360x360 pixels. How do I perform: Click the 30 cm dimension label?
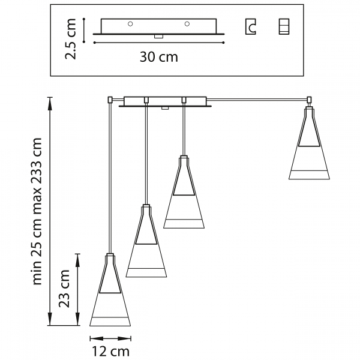158,57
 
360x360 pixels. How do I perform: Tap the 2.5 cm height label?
70,39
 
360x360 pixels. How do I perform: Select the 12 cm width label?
110,352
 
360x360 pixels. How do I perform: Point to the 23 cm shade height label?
64,289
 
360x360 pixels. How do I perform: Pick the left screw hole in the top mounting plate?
130,24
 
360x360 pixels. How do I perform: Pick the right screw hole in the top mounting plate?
187,24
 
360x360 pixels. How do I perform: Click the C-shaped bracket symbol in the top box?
250,26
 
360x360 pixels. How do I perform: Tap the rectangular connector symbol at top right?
284,26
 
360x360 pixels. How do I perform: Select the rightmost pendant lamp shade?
309,143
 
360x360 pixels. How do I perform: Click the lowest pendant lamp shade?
110,290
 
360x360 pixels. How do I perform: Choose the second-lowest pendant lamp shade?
146,241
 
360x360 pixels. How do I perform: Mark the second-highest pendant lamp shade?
184,192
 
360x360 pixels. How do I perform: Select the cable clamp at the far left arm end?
110,100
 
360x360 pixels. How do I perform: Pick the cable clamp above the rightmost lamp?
309,100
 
